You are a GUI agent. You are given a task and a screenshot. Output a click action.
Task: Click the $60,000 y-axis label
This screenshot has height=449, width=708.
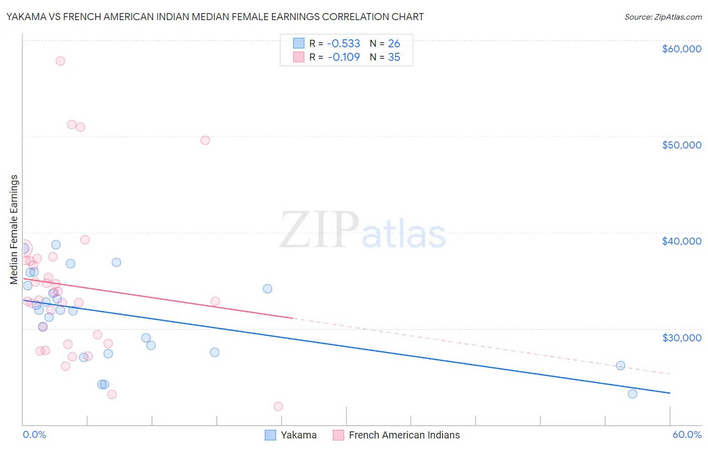pyautogui.click(x=681, y=49)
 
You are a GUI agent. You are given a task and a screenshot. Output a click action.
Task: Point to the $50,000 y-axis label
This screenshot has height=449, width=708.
pyautogui.click(x=681, y=145)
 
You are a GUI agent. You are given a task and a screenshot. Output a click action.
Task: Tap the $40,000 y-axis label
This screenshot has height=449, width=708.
pyautogui.click(x=681, y=241)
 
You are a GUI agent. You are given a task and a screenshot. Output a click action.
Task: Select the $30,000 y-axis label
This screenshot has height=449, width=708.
pyautogui.click(x=681, y=337)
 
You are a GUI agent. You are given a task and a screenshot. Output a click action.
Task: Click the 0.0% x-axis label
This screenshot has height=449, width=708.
pyautogui.click(x=34, y=434)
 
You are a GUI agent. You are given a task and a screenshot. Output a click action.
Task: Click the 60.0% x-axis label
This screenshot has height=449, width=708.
pyautogui.click(x=686, y=434)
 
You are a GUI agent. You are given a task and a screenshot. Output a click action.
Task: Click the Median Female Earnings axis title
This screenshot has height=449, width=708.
pyautogui.click(x=14, y=229)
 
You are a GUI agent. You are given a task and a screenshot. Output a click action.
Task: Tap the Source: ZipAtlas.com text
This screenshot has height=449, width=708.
pyautogui.click(x=663, y=17)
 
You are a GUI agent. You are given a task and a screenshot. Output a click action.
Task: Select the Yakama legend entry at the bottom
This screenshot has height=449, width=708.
pyautogui.click(x=291, y=435)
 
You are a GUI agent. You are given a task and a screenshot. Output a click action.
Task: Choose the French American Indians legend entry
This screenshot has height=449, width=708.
pyautogui.click(x=397, y=435)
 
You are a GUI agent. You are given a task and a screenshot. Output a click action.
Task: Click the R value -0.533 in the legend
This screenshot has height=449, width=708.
pyautogui.click(x=343, y=43)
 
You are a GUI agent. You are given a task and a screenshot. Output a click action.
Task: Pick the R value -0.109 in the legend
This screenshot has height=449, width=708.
pyautogui.click(x=343, y=57)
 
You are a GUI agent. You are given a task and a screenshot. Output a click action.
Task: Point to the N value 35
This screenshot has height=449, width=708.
pyautogui.click(x=394, y=57)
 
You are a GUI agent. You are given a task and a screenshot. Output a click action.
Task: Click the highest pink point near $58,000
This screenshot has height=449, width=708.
pyautogui.click(x=60, y=61)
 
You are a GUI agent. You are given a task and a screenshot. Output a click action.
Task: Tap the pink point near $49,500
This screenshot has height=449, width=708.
pyautogui.click(x=205, y=140)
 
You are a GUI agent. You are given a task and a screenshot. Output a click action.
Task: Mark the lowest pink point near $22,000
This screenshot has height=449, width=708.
pyautogui.click(x=278, y=406)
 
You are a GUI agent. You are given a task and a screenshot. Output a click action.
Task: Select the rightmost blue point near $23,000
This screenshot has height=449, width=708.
pyautogui.click(x=632, y=394)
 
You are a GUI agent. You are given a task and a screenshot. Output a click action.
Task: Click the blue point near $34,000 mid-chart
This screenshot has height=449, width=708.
pyautogui.click(x=267, y=288)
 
